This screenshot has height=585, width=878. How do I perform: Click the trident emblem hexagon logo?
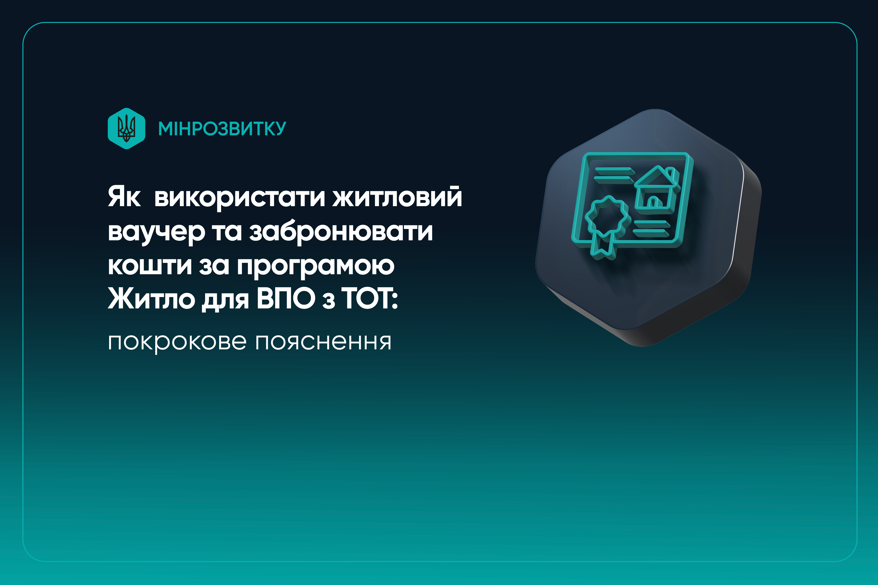point(126,128)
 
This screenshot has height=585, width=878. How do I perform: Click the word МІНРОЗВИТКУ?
point(222,129)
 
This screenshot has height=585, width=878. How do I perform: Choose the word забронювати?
point(341,231)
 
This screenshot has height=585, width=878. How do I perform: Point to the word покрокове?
point(177,342)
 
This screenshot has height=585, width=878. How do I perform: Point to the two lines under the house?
point(651,228)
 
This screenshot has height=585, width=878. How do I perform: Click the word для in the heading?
point(225,300)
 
